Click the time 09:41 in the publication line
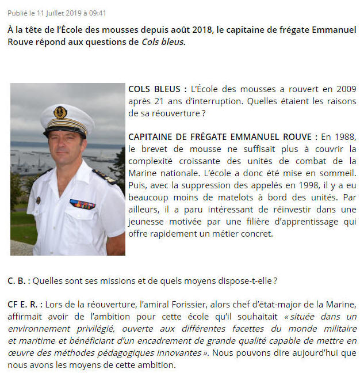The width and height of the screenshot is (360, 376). (x=96, y=13)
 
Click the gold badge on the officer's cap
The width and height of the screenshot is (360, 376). (x=60, y=112)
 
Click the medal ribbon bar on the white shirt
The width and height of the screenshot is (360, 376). (x=82, y=204)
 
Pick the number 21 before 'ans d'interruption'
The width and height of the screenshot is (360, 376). (x=151, y=101)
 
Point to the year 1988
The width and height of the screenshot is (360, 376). (x=345, y=137)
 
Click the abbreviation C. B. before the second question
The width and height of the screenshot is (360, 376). (x=18, y=281)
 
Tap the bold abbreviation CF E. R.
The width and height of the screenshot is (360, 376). (x=24, y=305)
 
